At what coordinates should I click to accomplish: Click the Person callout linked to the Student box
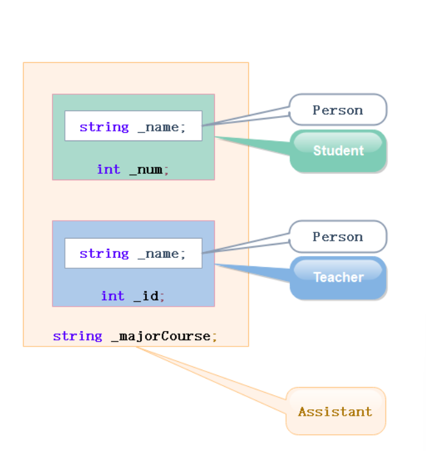(337, 110)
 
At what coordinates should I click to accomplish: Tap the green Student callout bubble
(338, 151)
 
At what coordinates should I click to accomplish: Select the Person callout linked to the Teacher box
(337, 237)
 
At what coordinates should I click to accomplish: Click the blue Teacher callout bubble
(338, 277)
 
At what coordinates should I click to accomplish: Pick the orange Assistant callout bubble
(335, 411)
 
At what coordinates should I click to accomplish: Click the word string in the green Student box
(104, 127)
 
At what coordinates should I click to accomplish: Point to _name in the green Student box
(158, 127)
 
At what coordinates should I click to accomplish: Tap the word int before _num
(108, 169)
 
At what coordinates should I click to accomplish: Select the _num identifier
(146, 170)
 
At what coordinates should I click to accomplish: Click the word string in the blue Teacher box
(104, 253)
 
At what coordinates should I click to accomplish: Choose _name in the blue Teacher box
(158, 253)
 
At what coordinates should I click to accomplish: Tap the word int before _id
(112, 296)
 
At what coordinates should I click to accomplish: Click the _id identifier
(146, 296)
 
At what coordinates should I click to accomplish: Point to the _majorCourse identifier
(160, 336)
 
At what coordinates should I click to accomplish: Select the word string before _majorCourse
(77, 336)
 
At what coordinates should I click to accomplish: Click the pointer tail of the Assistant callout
(212, 379)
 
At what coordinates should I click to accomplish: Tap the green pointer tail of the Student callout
(257, 145)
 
